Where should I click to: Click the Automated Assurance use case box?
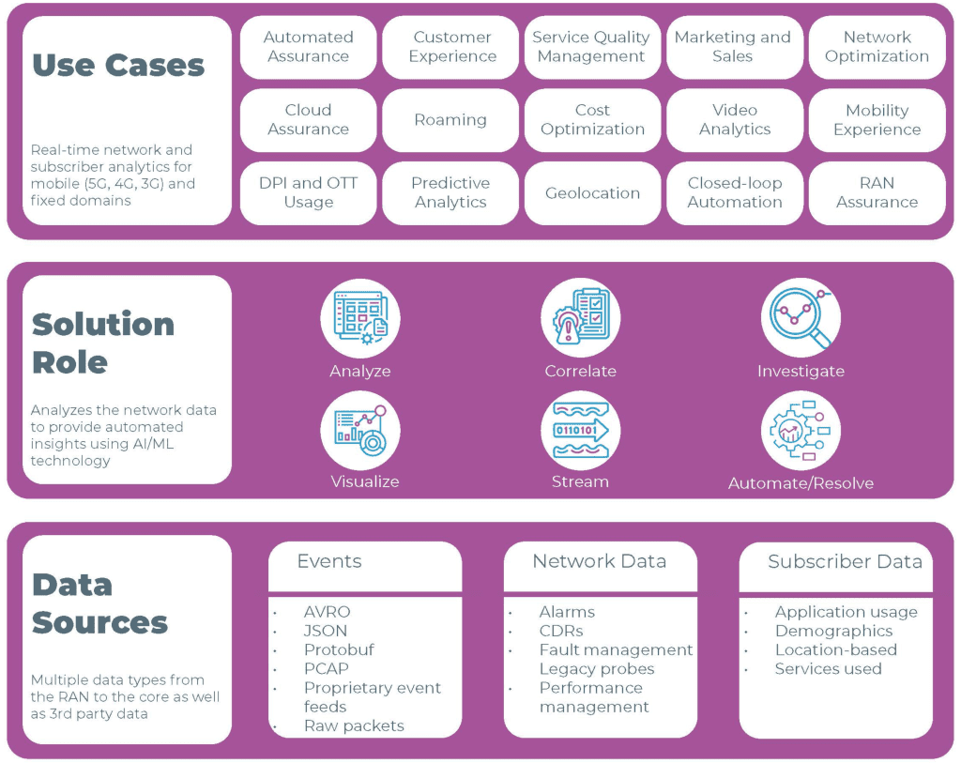click(308, 47)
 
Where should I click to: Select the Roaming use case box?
click(450, 120)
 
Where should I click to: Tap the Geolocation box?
click(592, 193)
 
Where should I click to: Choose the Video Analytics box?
click(735, 120)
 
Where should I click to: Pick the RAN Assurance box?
click(877, 193)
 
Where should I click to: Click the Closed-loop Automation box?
click(735, 193)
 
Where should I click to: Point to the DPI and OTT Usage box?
click(308, 193)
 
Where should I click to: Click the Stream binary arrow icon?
click(580, 431)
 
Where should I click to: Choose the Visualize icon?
click(360, 431)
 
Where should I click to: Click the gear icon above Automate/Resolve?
click(801, 431)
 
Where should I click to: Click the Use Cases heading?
click(118, 66)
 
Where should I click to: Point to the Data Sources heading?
click(100, 603)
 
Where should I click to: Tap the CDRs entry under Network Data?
click(561, 631)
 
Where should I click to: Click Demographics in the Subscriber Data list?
click(833, 631)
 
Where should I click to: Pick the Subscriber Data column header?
click(845, 562)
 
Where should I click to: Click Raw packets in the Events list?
click(354, 725)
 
